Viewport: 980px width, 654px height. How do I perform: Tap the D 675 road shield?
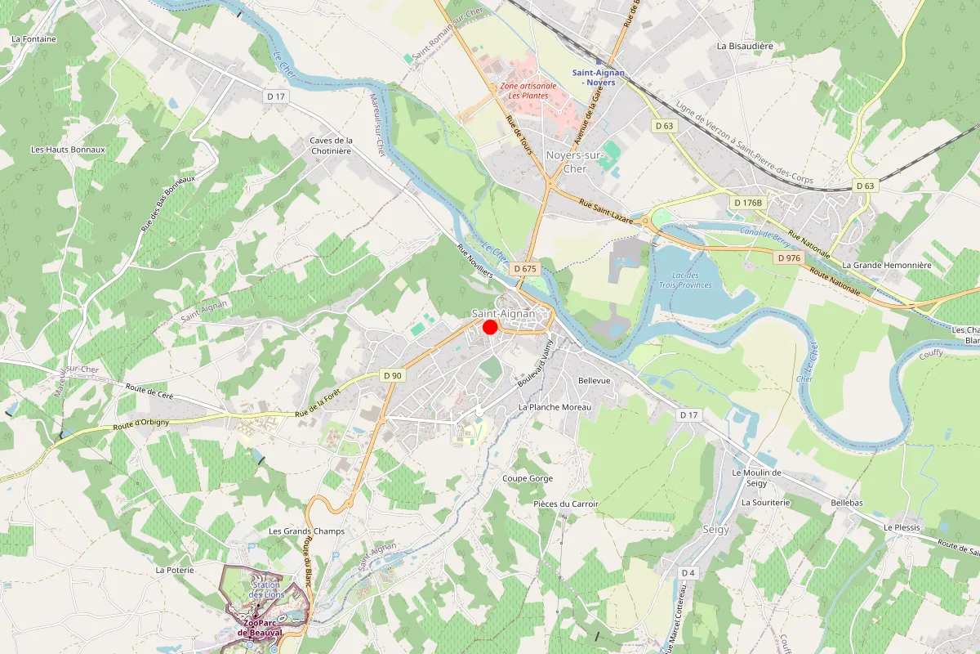tap(525, 268)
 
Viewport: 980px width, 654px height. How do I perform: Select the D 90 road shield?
tap(393, 375)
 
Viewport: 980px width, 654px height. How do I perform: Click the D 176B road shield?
tap(747, 203)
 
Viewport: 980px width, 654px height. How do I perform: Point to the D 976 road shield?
tap(790, 258)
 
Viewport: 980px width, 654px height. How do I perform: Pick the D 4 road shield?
tap(688, 572)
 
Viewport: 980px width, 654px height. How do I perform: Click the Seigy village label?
tap(716, 529)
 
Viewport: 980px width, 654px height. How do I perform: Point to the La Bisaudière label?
tap(745, 47)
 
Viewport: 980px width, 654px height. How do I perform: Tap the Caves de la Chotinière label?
tap(331, 146)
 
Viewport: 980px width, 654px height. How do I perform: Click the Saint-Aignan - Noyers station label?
tap(599, 77)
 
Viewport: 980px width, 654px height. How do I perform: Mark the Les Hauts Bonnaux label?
tap(68, 150)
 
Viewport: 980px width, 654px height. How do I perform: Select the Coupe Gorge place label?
tap(528, 478)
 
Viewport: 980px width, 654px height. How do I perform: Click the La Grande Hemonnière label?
tap(886, 265)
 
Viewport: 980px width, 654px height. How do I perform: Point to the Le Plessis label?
tap(902, 527)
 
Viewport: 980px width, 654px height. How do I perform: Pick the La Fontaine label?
tap(33, 38)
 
